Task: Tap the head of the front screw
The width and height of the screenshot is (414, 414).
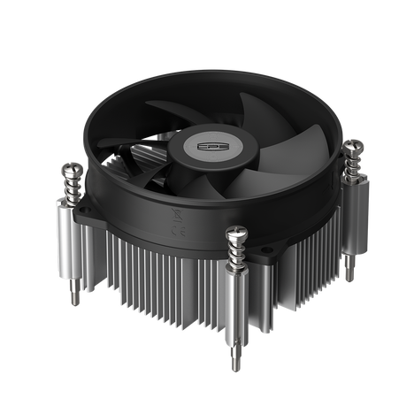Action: click(x=237, y=233)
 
